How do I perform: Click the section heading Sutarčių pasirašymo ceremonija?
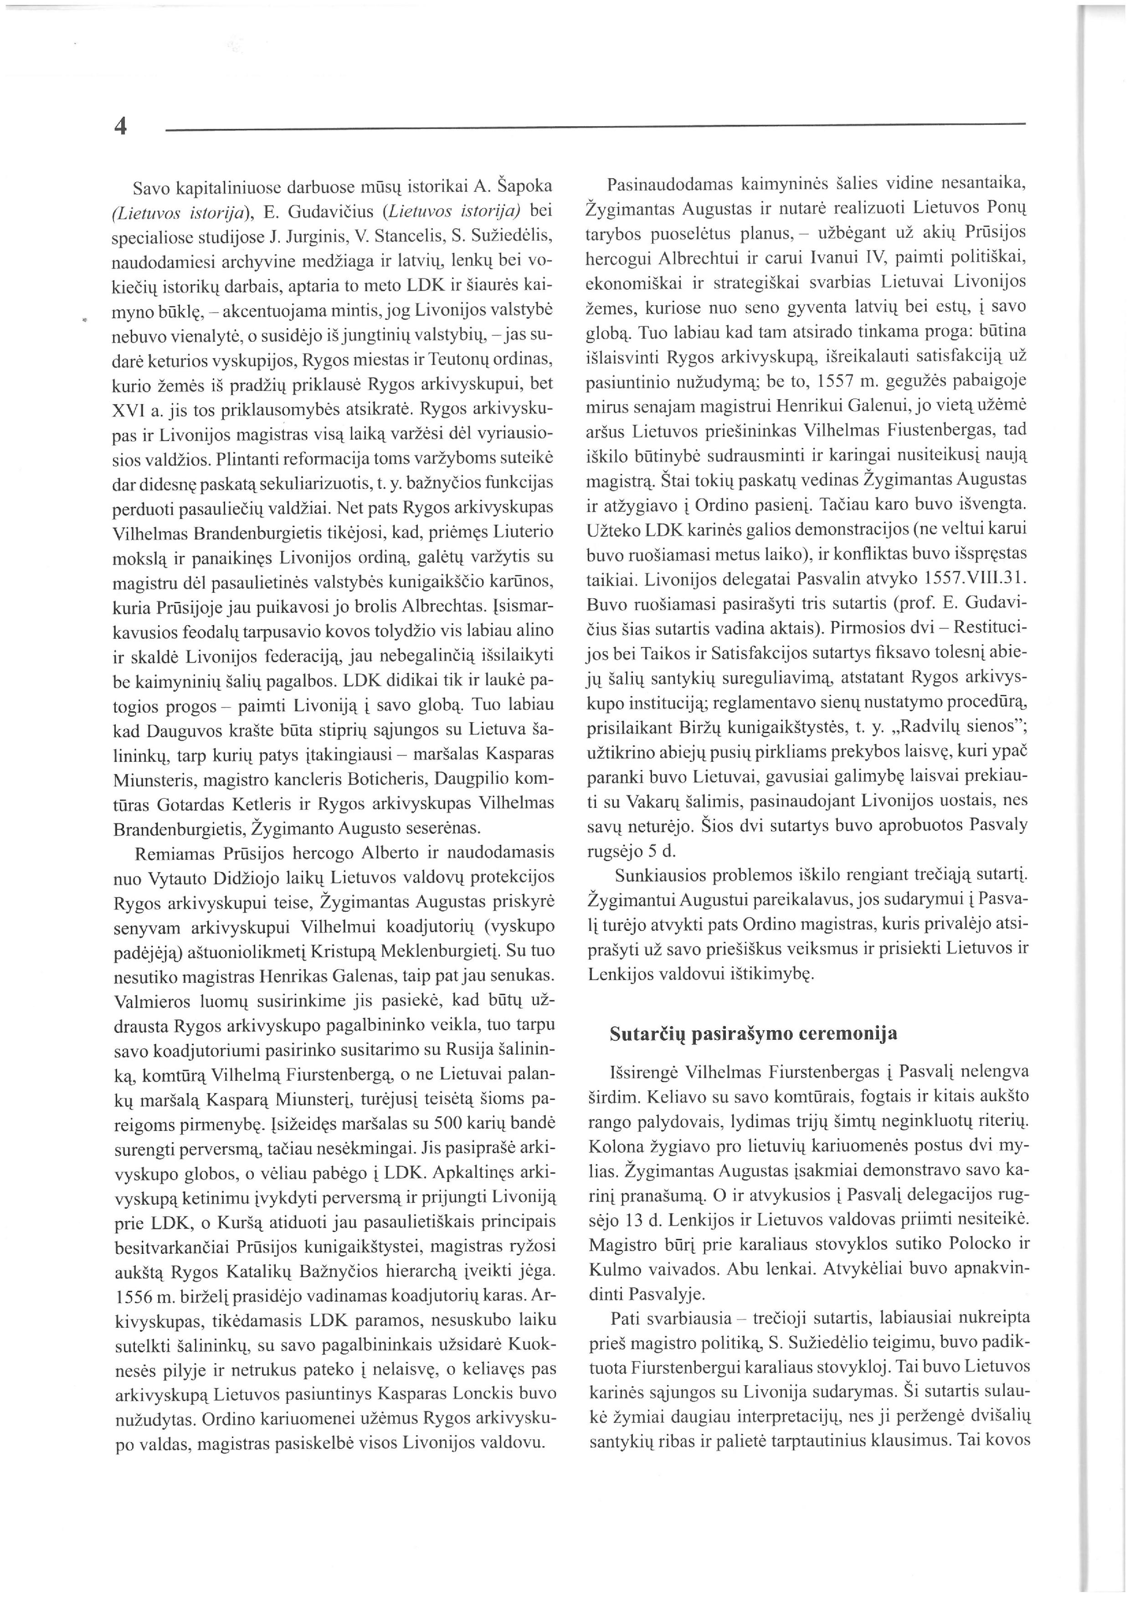(753, 1034)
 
